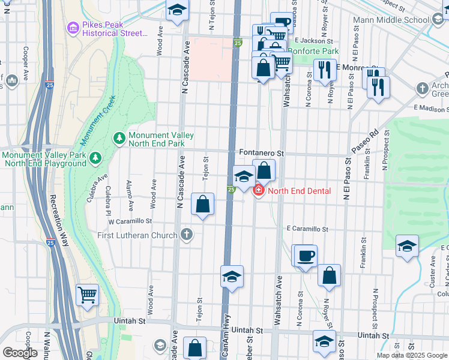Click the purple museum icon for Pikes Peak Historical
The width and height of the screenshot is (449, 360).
coord(74,28)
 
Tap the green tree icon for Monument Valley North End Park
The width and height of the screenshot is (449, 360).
coord(119,139)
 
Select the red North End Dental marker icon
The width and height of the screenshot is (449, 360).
coord(259,191)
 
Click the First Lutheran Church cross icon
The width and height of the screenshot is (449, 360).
coord(187,233)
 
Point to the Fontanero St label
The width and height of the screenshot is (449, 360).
coord(261,154)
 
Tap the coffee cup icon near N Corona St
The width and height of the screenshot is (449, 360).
coord(306,255)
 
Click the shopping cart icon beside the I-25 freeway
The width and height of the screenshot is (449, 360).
coord(88,295)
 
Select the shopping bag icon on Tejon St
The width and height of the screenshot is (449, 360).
coord(203,203)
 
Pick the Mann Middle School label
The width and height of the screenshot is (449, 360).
coord(400,20)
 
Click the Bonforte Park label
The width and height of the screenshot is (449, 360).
coord(313,52)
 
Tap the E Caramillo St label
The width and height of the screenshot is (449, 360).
coord(307,229)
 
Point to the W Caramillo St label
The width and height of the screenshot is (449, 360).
coord(128,221)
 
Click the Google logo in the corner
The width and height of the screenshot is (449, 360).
coord(19,353)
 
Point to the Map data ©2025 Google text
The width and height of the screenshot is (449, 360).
coord(412,355)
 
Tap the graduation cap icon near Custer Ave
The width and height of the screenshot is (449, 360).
coord(407,245)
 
